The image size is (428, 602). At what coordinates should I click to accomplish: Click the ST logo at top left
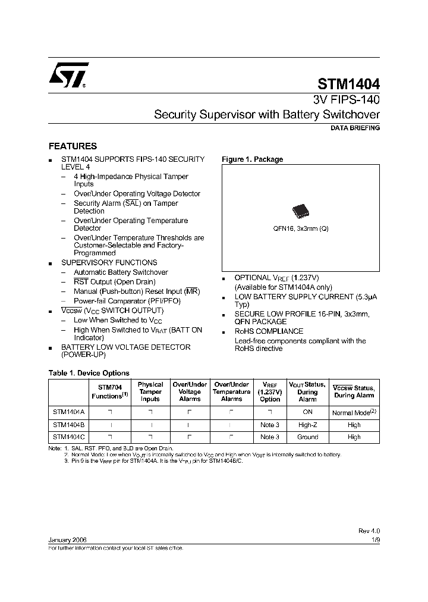(68, 76)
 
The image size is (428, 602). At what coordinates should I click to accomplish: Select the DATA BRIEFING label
(355, 128)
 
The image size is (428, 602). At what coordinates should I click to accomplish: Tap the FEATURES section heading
(73, 146)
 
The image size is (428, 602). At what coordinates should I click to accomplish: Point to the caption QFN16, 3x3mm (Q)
(300, 228)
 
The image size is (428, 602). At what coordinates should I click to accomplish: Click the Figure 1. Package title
(252, 159)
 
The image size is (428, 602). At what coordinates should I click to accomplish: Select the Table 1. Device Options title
(89, 373)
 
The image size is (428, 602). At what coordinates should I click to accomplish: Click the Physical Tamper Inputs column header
(150, 391)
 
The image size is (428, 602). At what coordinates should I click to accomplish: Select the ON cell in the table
(307, 412)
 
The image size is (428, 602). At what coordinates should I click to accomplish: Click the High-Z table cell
(307, 425)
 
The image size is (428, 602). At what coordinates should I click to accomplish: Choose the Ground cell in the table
(307, 437)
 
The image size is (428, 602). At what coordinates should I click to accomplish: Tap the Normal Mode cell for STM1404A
(354, 412)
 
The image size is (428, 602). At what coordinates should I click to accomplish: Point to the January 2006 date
(67, 539)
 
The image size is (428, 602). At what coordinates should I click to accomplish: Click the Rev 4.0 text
(369, 531)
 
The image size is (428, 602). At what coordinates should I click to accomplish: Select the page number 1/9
(374, 539)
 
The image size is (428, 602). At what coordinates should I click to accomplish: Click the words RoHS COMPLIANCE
(269, 331)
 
